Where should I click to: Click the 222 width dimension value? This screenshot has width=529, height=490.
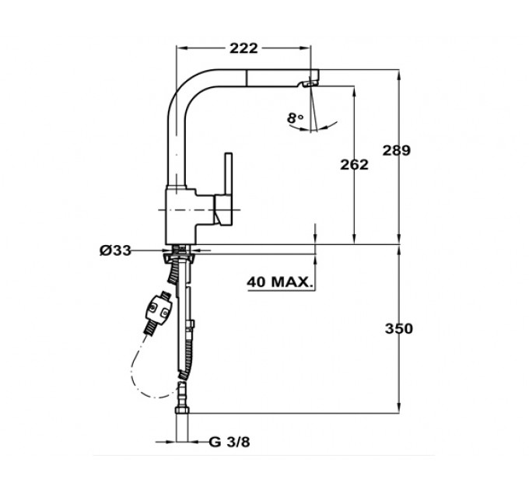[x=243, y=48]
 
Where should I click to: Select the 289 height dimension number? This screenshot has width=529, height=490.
[x=397, y=150]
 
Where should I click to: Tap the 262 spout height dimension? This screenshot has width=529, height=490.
[x=354, y=165]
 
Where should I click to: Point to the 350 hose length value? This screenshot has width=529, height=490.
[x=399, y=328]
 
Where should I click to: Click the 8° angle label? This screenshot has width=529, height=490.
[x=295, y=118]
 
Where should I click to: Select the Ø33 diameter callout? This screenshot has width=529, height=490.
[x=115, y=250]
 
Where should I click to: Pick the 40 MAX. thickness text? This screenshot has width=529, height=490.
[x=279, y=282]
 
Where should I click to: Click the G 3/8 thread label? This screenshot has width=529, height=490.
[x=229, y=442]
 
